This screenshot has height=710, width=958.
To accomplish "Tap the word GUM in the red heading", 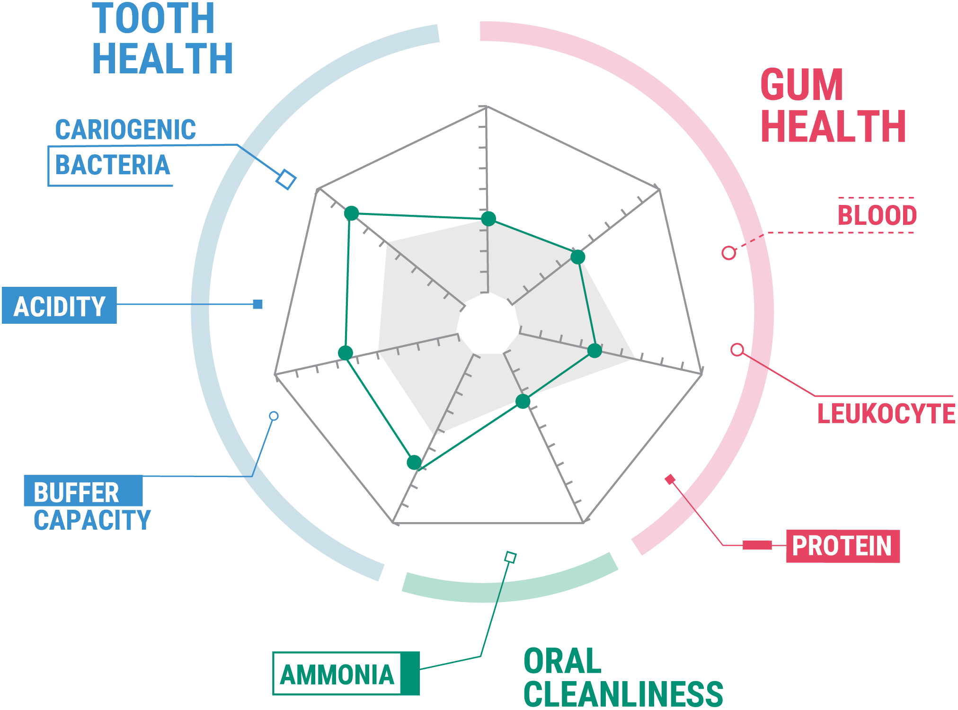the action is tap(802, 85).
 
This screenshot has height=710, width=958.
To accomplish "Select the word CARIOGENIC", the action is tap(125, 130).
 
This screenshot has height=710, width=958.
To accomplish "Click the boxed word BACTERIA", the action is tap(113, 165).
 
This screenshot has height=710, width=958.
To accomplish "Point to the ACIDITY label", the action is tap(60, 306).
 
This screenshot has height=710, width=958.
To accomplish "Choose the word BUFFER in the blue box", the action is tap(77, 492).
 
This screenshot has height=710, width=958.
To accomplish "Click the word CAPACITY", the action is tap(92, 520).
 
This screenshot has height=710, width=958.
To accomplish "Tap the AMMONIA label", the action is tap(337, 674).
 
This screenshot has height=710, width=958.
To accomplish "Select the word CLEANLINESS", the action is tap(623, 694).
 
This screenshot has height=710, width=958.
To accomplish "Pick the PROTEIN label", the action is tap(843, 546).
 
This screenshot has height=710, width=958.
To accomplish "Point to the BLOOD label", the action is tap(877, 215).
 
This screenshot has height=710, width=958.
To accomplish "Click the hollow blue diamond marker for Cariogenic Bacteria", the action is tap(286, 179).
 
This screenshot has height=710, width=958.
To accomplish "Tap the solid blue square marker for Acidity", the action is tap(258, 304).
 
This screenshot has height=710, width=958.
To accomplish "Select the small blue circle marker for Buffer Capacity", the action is tap(274, 416).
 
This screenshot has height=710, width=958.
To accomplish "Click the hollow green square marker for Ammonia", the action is tap(510, 557).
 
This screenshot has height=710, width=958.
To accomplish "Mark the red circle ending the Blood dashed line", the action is tap(729, 253).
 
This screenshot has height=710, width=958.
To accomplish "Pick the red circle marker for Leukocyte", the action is tap(737, 350).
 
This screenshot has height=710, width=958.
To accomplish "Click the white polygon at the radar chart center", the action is tap(488, 323).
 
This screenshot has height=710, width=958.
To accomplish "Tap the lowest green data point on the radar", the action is tap(414, 462).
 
